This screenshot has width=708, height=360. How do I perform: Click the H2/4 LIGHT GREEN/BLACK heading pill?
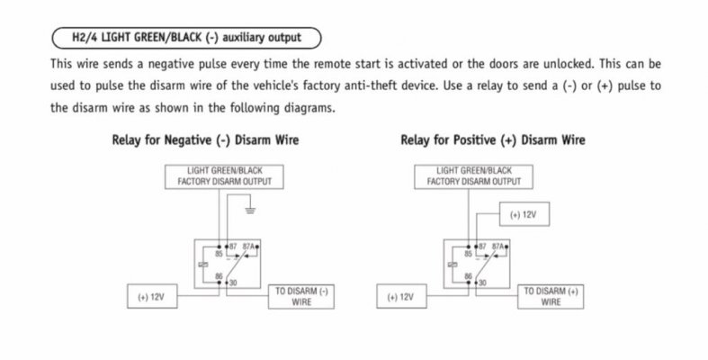pos(187,38)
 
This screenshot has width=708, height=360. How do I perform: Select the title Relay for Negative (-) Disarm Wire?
pos(205,140)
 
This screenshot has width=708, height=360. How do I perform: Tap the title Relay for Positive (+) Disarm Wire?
pos(493,140)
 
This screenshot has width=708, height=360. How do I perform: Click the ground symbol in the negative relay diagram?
pos(250,210)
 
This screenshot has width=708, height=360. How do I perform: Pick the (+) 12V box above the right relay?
pos(524,214)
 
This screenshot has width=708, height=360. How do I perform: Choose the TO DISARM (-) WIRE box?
pos(301,297)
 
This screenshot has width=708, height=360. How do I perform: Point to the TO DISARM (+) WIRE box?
pos(551,297)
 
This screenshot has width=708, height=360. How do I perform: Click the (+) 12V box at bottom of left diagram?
pos(152,296)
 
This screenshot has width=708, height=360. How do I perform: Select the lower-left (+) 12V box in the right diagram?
pos(401,296)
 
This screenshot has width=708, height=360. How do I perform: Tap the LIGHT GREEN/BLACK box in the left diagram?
pos(224,176)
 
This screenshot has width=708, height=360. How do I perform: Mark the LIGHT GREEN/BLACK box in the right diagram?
pos(474,176)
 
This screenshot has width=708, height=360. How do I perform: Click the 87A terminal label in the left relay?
pos(249,247)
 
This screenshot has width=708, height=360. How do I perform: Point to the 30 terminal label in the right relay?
pos(483,283)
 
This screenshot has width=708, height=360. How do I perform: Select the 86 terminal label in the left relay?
pos(219,276)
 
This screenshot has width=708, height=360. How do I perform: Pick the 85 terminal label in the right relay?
pos(468,254)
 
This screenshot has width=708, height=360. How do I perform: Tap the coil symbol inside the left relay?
pos(203,265)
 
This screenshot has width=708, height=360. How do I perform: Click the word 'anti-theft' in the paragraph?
pos(377,85)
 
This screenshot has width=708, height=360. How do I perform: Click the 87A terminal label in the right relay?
pos(498,247)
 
